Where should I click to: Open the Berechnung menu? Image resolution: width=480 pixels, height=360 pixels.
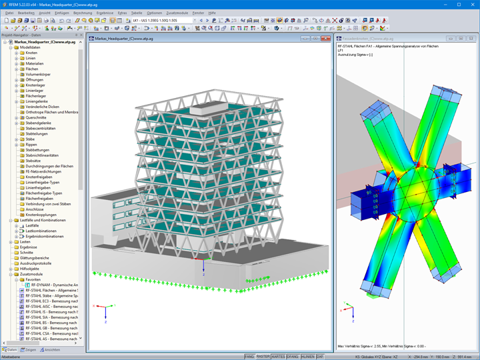point(83,13)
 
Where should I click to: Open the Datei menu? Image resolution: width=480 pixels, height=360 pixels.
point(9,13)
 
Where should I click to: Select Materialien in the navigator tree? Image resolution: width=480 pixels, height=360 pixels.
point(35,63)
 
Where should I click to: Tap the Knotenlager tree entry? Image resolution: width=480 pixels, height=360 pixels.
point(37,85)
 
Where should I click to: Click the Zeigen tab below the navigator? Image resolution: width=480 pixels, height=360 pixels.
point(29,349)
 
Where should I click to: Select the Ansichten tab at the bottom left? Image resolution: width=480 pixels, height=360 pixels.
point(51,349)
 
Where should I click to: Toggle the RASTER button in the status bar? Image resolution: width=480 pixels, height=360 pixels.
point(263,357)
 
